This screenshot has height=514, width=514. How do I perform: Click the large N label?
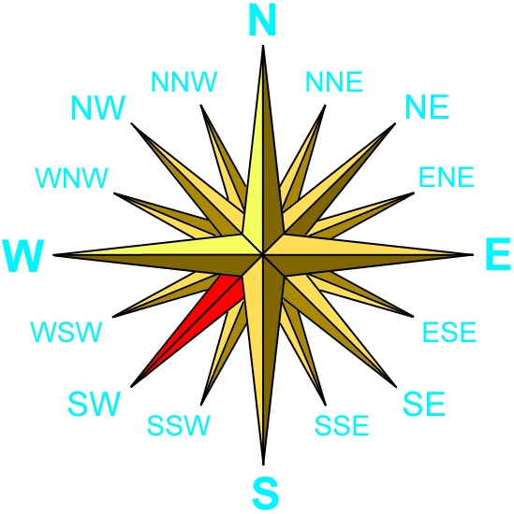point(262,20)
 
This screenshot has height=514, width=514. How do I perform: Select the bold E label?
point(498,254)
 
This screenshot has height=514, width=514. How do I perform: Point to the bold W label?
point(23,256)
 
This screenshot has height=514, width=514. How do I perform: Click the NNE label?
point(334,81)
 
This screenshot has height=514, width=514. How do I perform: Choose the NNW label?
point(184,81)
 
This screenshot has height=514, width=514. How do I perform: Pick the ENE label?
point(447,177)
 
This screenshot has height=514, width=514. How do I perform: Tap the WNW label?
point(71,178)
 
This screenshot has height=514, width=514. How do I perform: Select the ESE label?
point(449,332)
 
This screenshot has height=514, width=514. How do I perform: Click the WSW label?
point(66,332)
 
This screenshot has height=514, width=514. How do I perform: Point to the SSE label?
point(342,425)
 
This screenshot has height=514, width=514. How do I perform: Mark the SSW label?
point(178,425)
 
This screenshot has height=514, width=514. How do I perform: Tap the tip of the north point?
point(263,45)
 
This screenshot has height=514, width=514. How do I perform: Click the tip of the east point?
point(473,254)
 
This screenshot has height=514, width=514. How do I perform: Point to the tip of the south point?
point(263,464)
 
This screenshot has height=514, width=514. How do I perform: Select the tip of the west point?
point(53,255)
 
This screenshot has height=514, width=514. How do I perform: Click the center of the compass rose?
point(263,254)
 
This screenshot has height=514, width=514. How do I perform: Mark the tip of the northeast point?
point(395,123)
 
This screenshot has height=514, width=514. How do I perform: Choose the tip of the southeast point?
point(396,387)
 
